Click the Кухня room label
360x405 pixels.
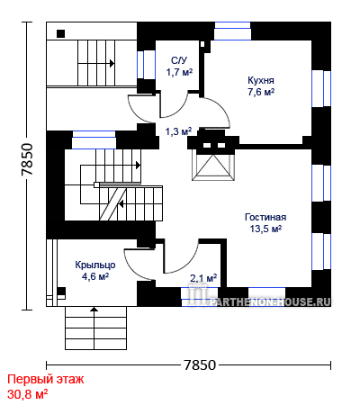(x=261, y=81)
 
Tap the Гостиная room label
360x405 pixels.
(x=265, y=217)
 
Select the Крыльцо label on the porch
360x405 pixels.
(x=95, y=265)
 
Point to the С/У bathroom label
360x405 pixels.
(x=179, y=60)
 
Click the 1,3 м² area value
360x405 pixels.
(x=179, y=131)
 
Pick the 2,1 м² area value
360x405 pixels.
(x=203, y=278)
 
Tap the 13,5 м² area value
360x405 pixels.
(x=265, y=229)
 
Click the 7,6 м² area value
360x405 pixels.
(x=261, y=92)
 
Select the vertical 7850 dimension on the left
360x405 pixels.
(x=27, y=159)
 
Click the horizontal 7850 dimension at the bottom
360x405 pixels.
(x=200, y=365)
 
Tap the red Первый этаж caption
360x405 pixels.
(x=46, y=380)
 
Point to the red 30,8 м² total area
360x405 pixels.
(x=28, y=394)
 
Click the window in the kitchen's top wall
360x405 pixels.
(x=232, y=31)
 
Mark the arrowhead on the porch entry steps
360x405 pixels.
(x=94, y=309)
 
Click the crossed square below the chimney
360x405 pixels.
(x=213, y=167)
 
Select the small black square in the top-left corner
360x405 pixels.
(x=61, y=33)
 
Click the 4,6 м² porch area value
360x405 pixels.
(x=95, y=276)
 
